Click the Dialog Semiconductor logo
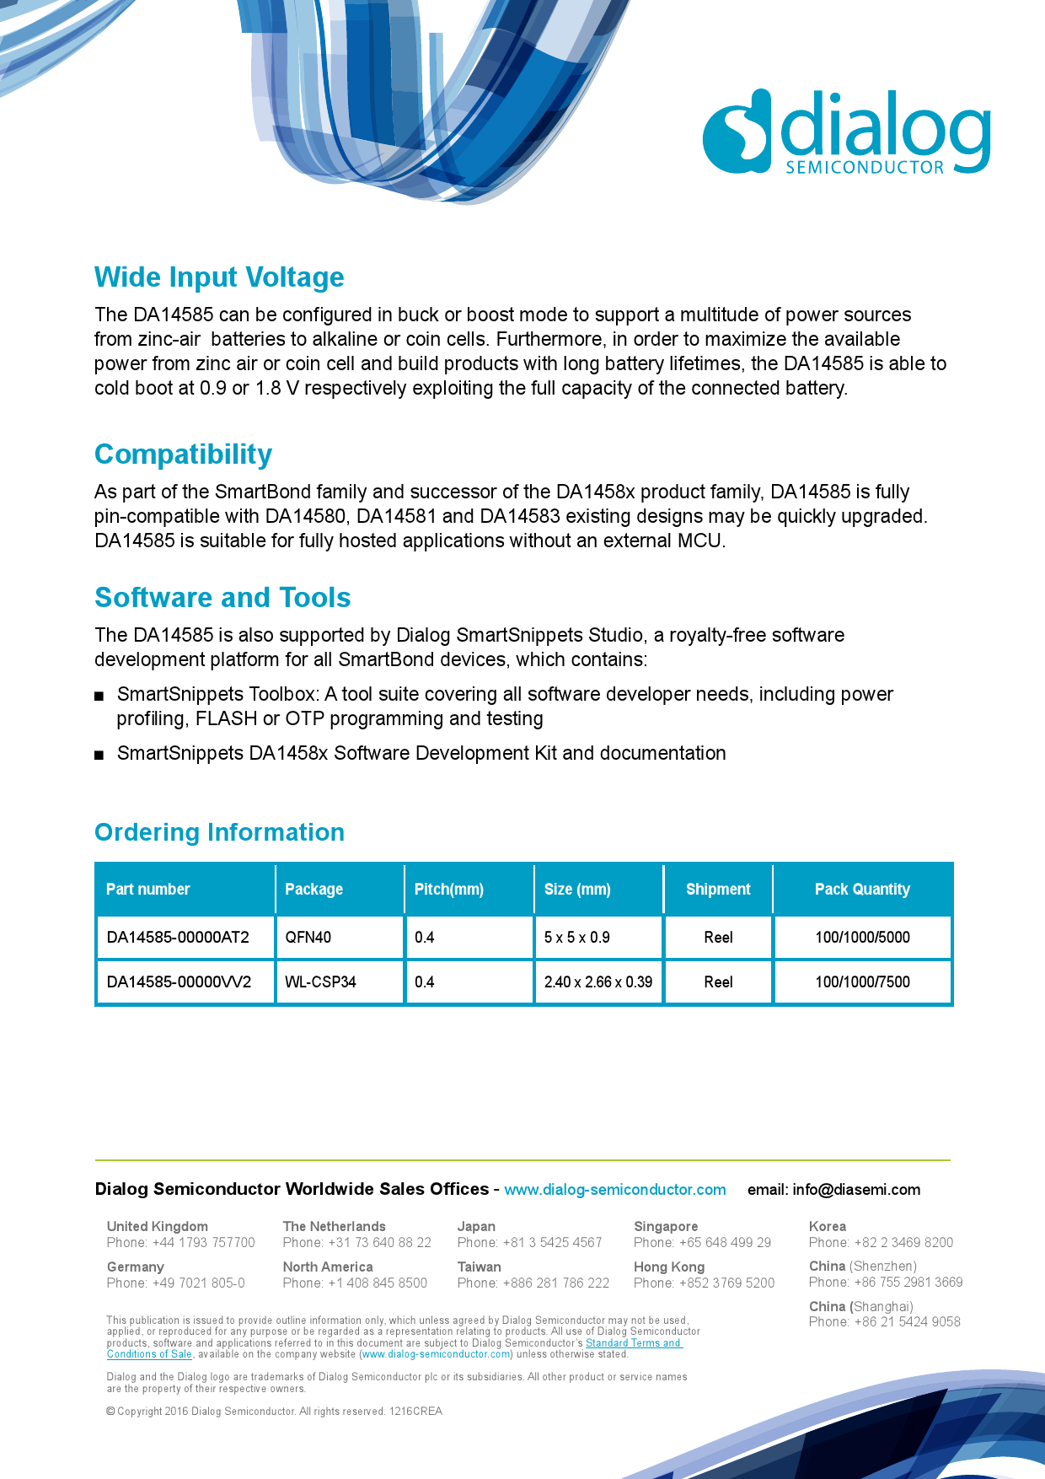[846, 132]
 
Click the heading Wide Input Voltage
[219, 277]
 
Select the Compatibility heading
[183, 454]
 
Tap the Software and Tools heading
[222, 598]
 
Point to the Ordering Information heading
[219, 832]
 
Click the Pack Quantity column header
[862, 889]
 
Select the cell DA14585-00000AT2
[178, 937]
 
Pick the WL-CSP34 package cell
[320, 982]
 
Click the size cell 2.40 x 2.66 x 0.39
[598, 982]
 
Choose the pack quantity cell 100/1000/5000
[862, 937]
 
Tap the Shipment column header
[718, 889]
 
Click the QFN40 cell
[308, 937]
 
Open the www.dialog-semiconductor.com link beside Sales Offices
[615, 1190]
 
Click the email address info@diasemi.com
[856, 1190]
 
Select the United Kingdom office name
[157, 1226]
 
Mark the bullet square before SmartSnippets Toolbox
[99, 696]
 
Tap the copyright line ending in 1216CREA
[274, 1411]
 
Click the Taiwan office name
[479, 1267]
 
